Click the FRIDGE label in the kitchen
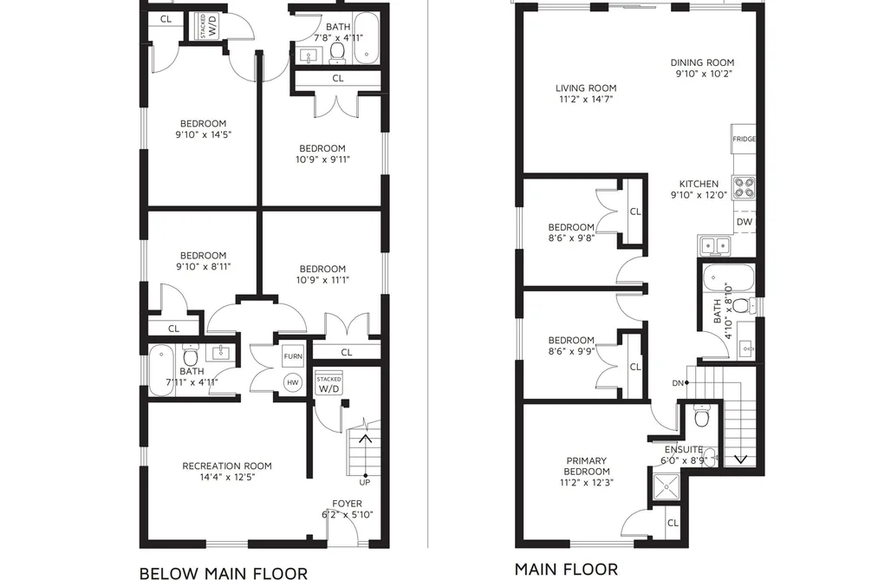coord(745,139)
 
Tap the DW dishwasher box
coord(745,222)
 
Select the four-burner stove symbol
coord(745,187)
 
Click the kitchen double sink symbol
coord(715,245)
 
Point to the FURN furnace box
coord(293,356)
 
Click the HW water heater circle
coord(293,383)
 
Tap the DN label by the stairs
coord(678,383)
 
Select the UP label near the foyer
coord(365,482)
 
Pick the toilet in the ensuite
coord(700,416)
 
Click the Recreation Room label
coord(227,466)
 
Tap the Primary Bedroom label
coord(587,466)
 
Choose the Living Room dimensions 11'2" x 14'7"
coord(586,99)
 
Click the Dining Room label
coord(702,62)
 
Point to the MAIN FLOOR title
coord(566,570)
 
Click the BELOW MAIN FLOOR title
coord(224,573)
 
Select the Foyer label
coord(348,504)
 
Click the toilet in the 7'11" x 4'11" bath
coord(191,356)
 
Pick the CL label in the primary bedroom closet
coord(673,523)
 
